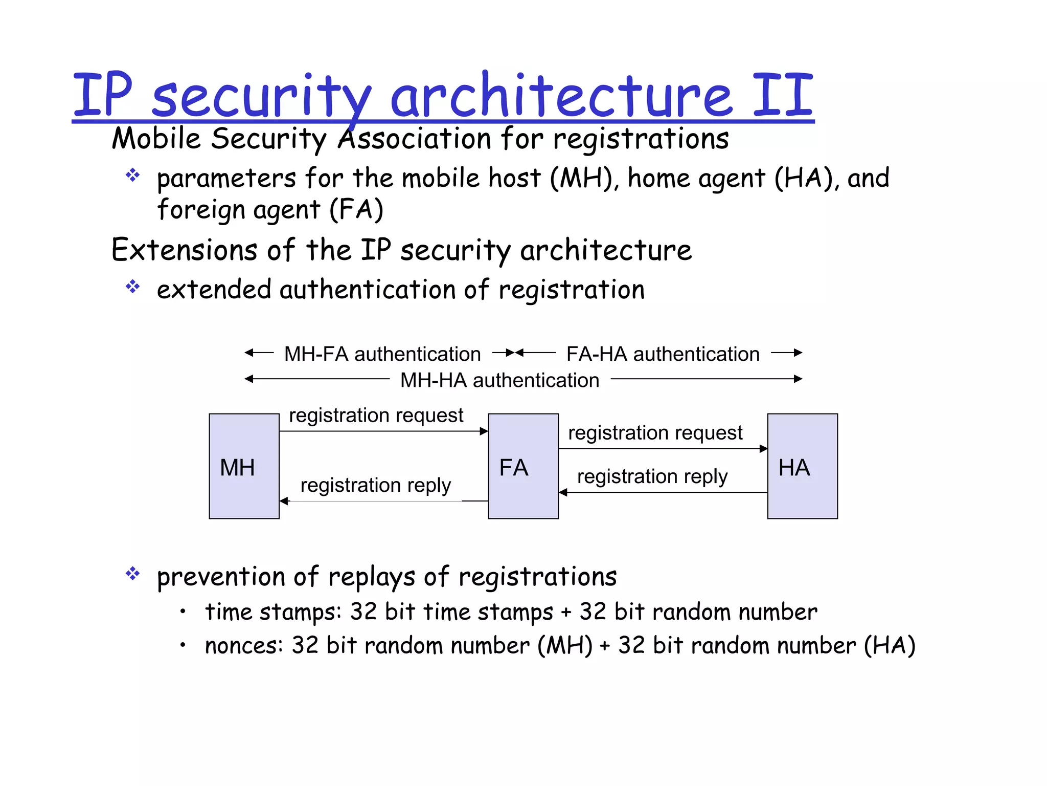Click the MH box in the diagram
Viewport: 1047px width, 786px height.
pyautogui.click(x=244, y=466)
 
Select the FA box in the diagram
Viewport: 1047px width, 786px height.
pyautogui.click(x=523, y=466)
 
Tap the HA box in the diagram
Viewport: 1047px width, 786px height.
pyautogui.click(x=802, y=466)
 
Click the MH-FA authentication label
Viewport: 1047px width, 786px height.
pyautogui.click(x=382, y=354)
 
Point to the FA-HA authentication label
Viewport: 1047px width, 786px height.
pyautogui.click(x=663, y=354)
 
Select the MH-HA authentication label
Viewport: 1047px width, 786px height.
pyautogui.click(x=499, y=380)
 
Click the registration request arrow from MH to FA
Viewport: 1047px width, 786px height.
pyautogui.click(x=383, y=431)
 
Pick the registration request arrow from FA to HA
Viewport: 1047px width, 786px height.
pyautogui.click(x=663, y=449)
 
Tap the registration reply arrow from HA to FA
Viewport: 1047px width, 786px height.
pyautogui.click(x=663, y=492)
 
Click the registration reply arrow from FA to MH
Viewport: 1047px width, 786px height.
pyautogui.click(x=383, y=501)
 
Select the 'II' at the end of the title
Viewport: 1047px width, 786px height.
pyautogui.click(x=782, y=95)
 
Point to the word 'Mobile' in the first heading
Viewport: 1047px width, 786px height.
pyautogui.click(x=156, y=139)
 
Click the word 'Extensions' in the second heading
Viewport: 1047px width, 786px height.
pyautogui.click(x=184, y=250)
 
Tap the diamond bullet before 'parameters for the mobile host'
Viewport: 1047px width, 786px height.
pyautogui.click(x=133, y=176)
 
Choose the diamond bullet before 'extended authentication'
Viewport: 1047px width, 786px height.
pyautogui.click(x=133, y=287)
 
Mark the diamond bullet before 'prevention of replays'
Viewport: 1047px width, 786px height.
pyautogui.click(x=133, y=574)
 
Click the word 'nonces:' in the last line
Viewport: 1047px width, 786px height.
pyautogui.click(x=244, y=646)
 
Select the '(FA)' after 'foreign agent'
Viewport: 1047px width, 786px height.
pyautogui.click(x=356, y=210)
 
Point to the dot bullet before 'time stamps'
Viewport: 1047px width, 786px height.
pyautogui.click(x=183, y=611)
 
